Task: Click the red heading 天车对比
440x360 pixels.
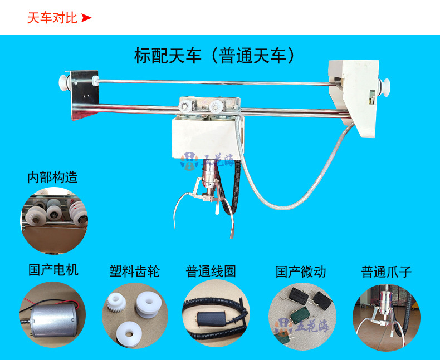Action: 52,18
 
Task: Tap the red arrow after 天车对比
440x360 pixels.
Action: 86,18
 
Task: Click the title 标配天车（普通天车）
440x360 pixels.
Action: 214,56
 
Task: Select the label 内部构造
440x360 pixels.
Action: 52,177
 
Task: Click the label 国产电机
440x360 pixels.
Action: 53,270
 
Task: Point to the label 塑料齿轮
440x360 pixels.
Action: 134,272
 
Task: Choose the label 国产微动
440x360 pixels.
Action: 301,272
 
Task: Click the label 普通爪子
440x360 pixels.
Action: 387,272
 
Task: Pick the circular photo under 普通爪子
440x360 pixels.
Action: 387,317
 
